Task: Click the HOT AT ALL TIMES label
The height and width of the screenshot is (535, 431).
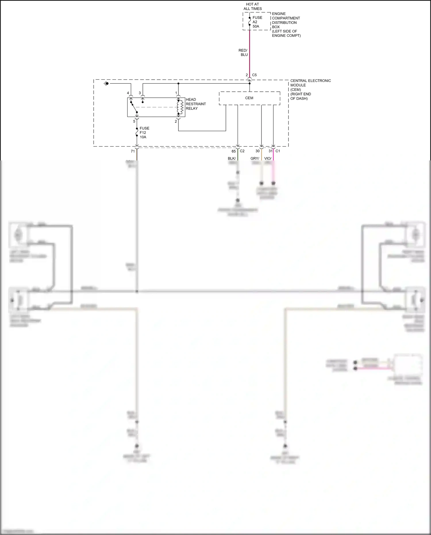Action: tap(253, 6)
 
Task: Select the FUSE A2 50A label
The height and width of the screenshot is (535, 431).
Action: tap(257, 22)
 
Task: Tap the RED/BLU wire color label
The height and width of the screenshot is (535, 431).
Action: tap(243, 52)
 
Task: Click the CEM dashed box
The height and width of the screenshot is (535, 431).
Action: tap(249, 98)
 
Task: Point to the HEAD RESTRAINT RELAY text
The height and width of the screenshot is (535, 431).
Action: tap(196, 104)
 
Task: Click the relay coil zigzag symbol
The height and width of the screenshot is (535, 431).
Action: tap(181, 107)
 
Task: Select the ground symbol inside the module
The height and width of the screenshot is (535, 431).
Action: tap(106, 84)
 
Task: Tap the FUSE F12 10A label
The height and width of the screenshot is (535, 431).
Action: tap(144, 133)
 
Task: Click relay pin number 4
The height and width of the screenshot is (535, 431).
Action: tap(128, 93)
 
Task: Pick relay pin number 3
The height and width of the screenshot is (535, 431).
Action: tap(140, 93)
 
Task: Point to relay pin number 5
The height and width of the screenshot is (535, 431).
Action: tap(134, 121)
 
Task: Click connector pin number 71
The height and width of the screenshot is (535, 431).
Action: tap(133, 151)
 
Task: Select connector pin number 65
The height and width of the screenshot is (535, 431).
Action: tap(234, 151)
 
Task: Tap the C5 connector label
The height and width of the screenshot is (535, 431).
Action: tap(254, 75)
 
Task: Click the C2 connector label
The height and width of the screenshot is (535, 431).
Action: tap(242, 151)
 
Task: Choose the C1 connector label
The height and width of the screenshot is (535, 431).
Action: tap(278, 151)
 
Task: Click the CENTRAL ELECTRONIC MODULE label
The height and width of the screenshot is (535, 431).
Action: tap(310, 89)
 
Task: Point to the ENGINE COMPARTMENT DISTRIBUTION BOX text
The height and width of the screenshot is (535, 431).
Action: tap(286, 24)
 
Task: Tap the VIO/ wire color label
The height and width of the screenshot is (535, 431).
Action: tap(268, 158)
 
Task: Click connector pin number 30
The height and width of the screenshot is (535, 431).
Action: tap(257, 151)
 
